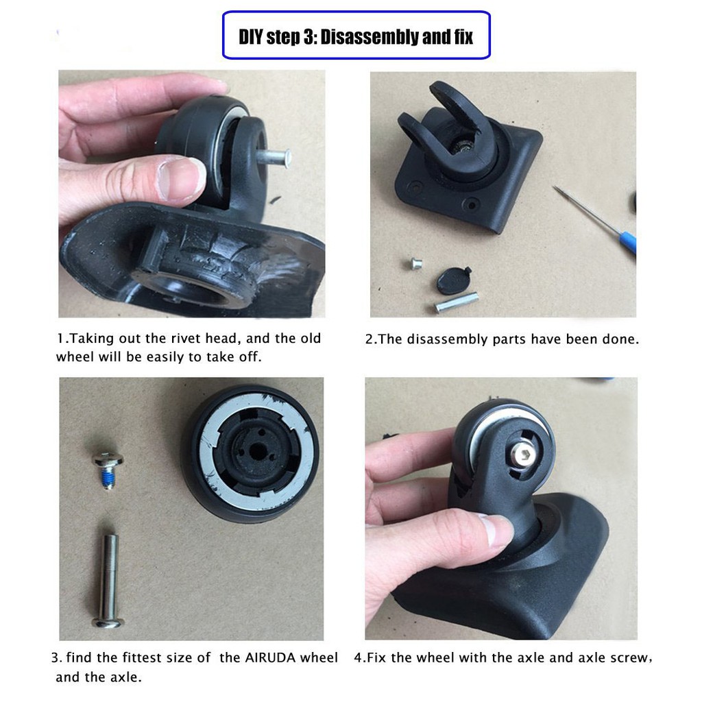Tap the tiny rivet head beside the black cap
pyautogui.click(x=416, y=262)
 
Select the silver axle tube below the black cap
pyautogui.click(x=457, y=302)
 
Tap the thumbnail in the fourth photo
pyautogui.click(x=496, y=530)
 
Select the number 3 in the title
pyautogui.click(x=307, y=36)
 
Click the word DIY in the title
pyautogui.click(x=250, y=36)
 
